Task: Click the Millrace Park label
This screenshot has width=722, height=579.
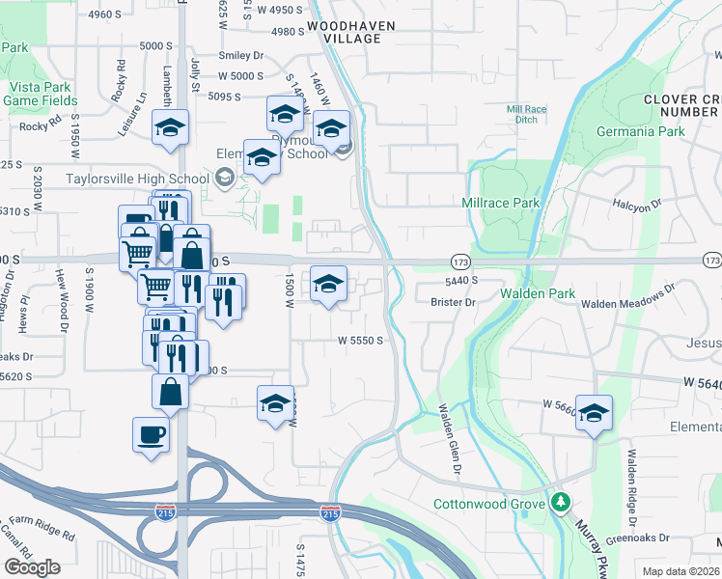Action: click(500, 204)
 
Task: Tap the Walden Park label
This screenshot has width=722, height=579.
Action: click(538, 293)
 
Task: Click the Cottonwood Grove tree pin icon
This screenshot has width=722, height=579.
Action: click(561, 504)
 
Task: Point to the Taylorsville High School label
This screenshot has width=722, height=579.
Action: click(137, 179)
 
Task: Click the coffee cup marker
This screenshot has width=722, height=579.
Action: click(151, 435)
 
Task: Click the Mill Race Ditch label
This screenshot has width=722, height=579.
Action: click(527, 115)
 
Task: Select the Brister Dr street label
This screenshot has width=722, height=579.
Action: click(454, 302)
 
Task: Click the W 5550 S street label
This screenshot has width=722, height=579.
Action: click(361, 341)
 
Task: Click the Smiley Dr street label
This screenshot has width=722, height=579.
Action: click(240, 56)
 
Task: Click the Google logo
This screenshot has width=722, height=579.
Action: click(33, 567)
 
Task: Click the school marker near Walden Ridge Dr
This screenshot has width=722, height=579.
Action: click(595, 412)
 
